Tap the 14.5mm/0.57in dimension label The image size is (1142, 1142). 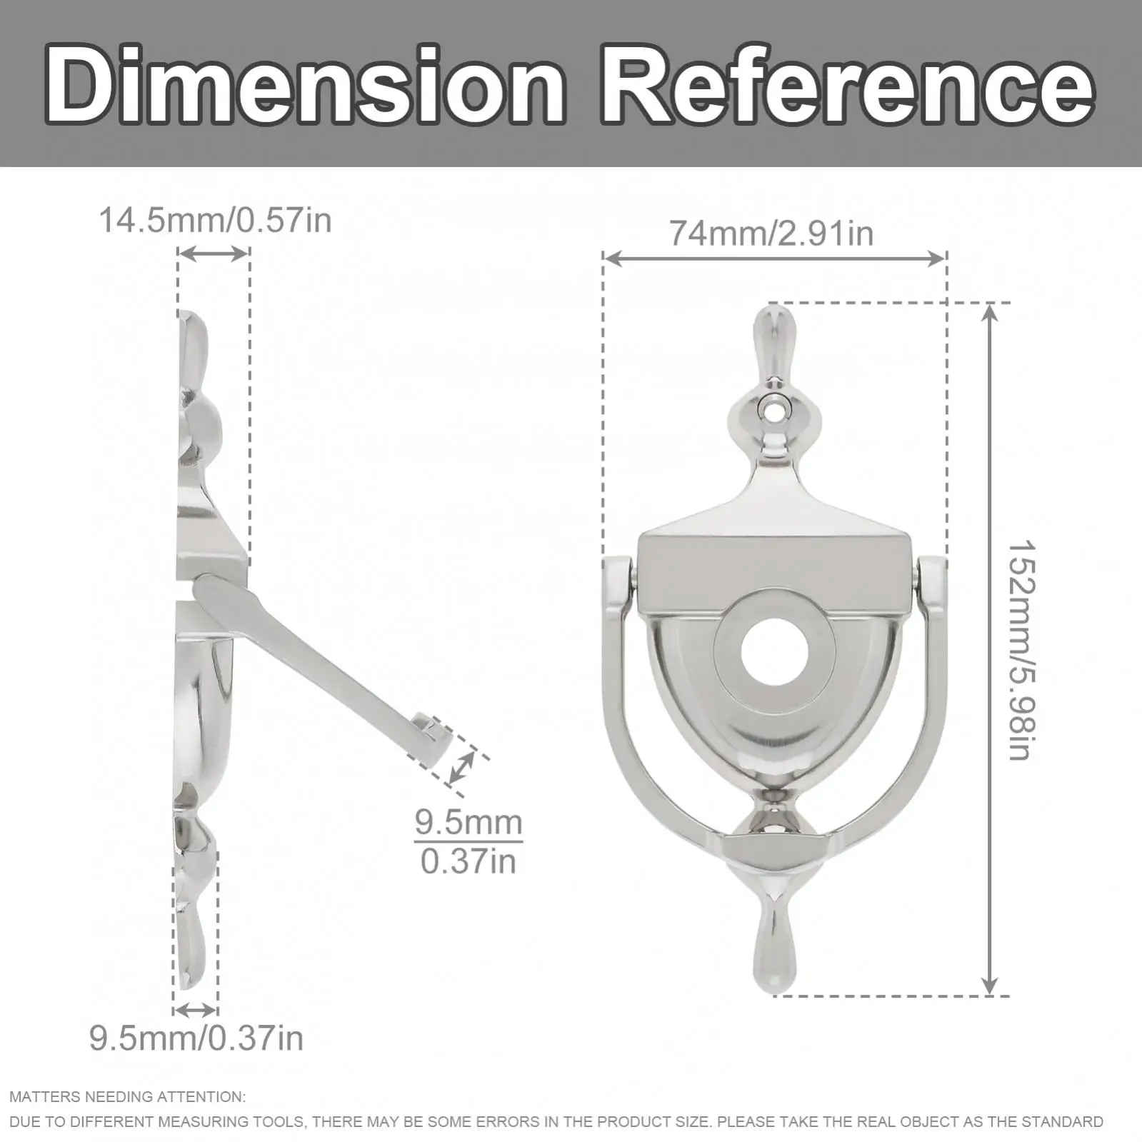215,220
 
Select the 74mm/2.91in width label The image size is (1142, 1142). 771,234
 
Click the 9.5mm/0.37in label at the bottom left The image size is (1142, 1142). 196,1038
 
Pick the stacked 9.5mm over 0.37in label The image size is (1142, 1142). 469,843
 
